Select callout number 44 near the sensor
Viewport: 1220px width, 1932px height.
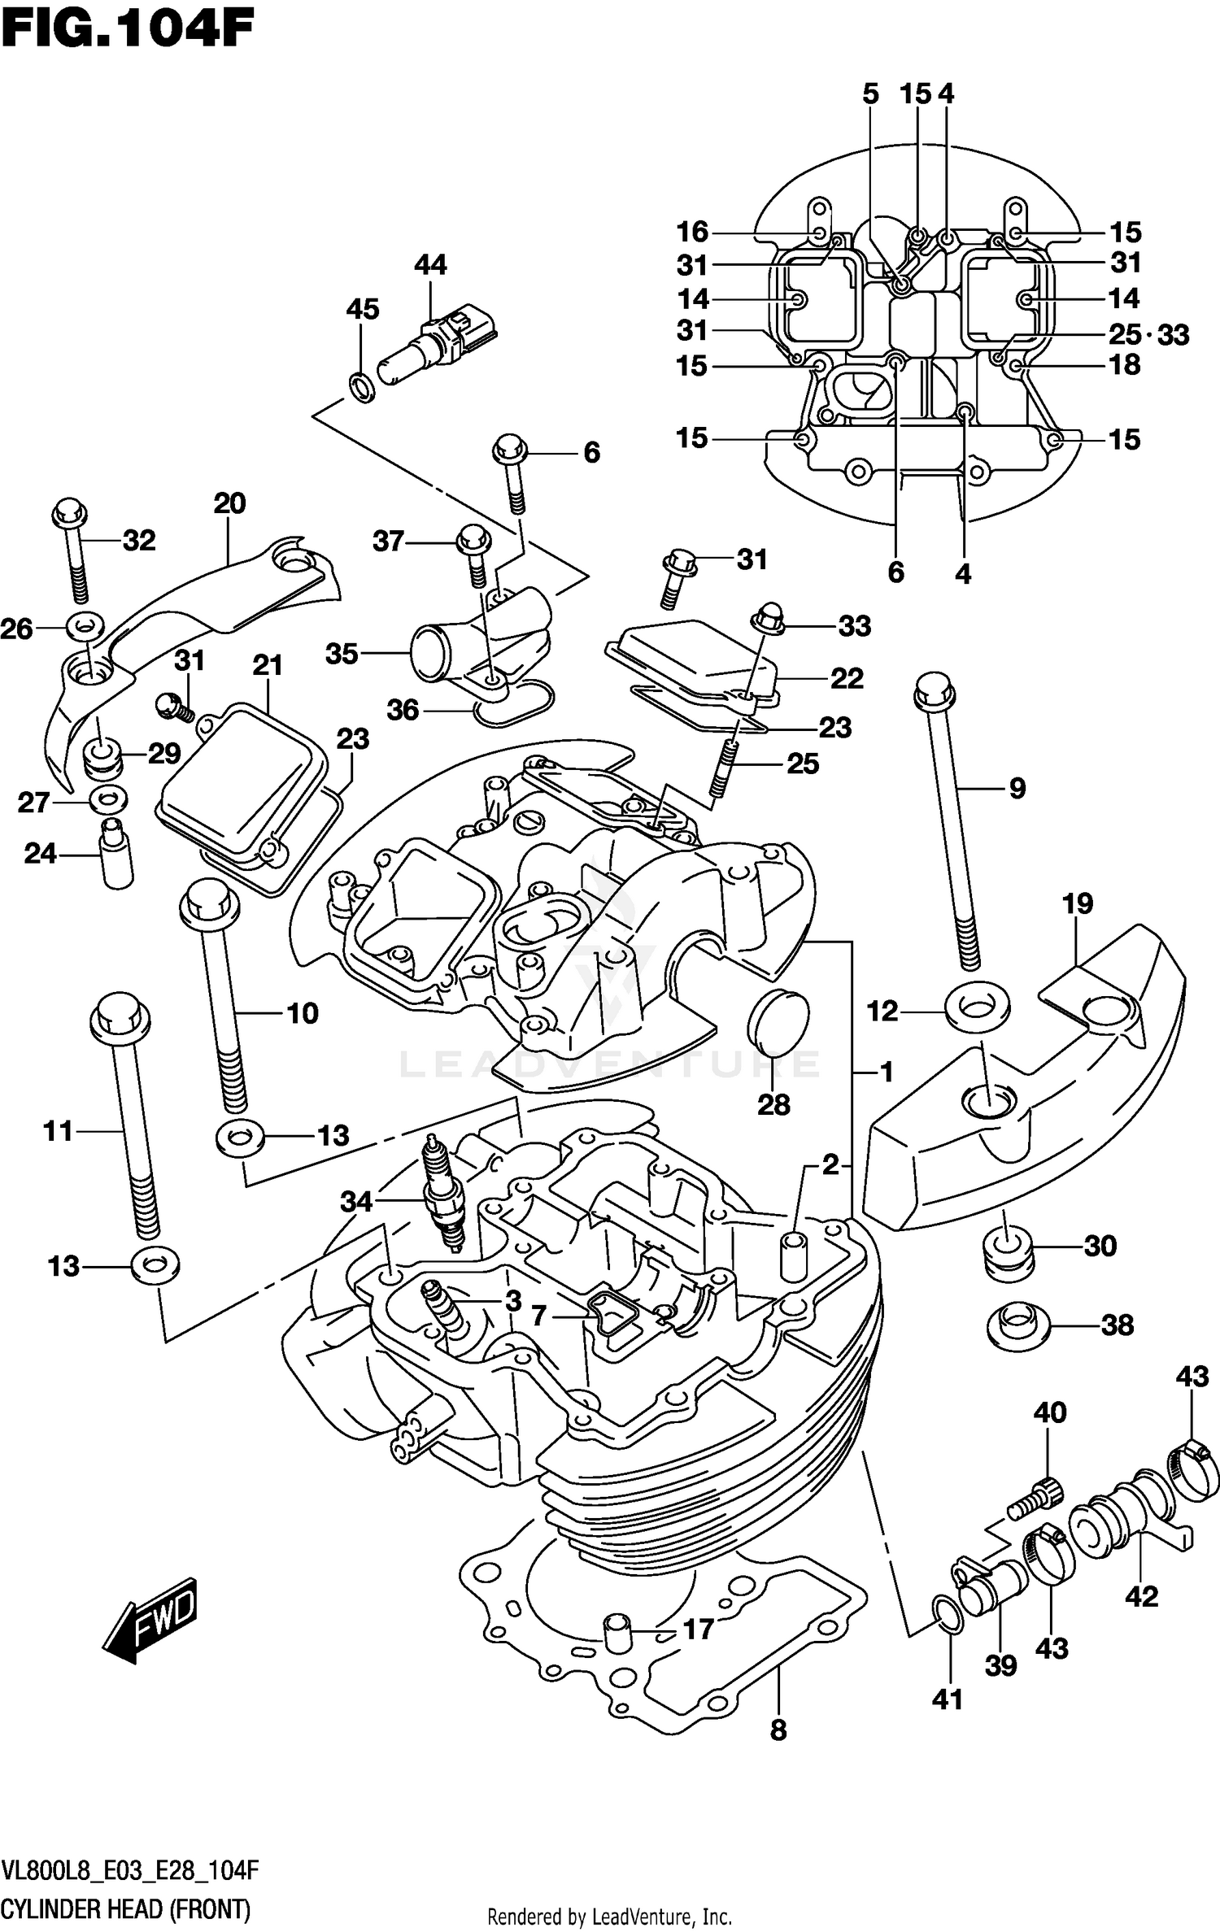[x=430, y=265]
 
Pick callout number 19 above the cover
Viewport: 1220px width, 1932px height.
[x=1077, y=903]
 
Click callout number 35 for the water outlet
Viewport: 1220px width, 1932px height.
[x=342, y=654]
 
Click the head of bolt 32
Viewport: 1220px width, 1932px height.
[x=69, y=512]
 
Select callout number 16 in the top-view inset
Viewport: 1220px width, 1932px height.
[x=693, y=233]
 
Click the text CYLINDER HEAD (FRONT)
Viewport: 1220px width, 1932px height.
[x=126, y=1907]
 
